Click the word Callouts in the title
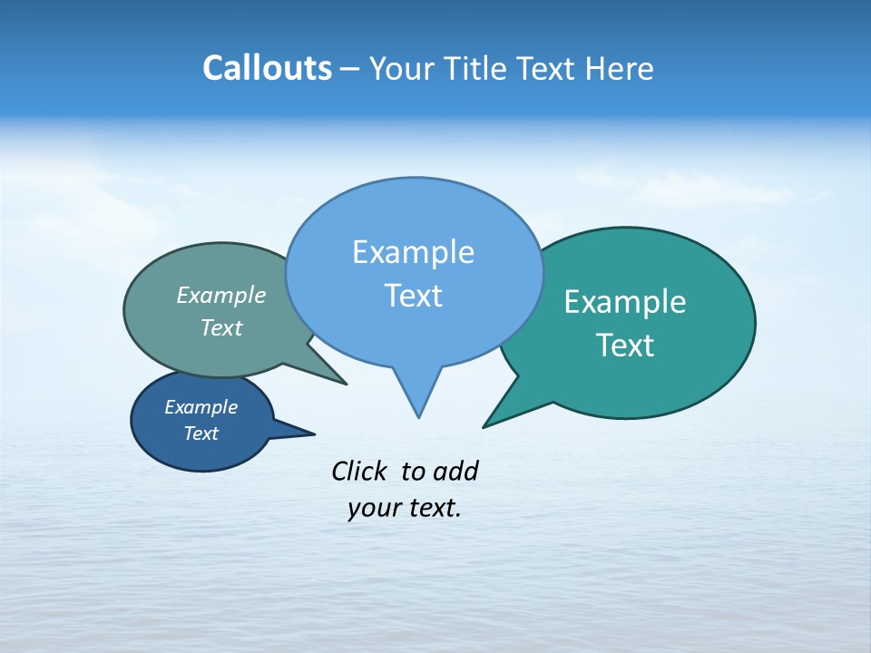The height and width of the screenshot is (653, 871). (x=267, y=68)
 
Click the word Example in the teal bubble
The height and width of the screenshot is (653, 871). (x=625, y=302)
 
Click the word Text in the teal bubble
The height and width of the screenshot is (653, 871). (x=625, y=346)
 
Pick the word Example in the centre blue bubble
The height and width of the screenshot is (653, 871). (x=413, y=252)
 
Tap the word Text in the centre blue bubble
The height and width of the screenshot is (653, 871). (x=413, y=296)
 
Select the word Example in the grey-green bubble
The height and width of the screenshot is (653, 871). (x=221, y=296)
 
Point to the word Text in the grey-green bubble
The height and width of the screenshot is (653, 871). (x=221, y=328)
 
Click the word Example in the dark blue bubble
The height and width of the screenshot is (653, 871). (x=201, y=407)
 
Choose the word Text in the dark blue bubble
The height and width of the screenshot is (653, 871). (x=201, y=434)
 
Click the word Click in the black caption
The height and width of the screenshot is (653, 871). (x=360, y=471)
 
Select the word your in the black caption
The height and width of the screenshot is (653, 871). (x=372, y=508)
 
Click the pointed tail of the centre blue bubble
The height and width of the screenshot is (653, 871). (x=418, y=416)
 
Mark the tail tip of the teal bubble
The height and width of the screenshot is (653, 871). (x=484, y=426)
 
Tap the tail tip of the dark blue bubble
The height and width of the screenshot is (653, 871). (x=313, y=434)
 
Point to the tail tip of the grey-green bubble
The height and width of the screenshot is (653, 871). (x=346, y=384)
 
